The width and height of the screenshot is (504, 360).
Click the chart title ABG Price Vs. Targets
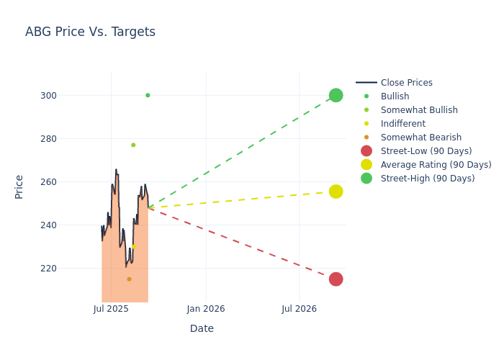pyautogui.click(x=90, y=32)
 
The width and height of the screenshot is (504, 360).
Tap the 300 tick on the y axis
pyautogui.click(x=68, y=95)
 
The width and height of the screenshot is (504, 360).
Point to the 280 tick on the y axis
pyautogui.click(x=68, y=138)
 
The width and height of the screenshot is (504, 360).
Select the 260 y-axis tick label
pyautogui.click(x=68, y=181)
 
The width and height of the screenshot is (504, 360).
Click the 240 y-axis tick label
pyautogui.click(x=68, y=225)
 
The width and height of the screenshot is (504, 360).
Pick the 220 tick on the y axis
pyautogui.click(x=68, y=268)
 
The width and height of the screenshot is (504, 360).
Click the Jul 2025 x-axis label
pyautogui.click(x=111, y=309)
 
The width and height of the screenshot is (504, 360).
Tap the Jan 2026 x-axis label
pyautogui.click(x=206, y=309)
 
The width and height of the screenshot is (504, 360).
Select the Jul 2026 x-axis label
pyautogui.click(x=299, y=309)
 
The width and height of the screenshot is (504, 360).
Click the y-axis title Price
pyautogui.click(x=19, y=186)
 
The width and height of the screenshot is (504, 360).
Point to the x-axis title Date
pyautogui.click(x=202, y=328)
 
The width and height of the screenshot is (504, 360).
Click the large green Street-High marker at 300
pyautogui.click(x=336, y=95)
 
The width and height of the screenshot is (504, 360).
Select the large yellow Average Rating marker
pyautogui.click(x=336, y=192)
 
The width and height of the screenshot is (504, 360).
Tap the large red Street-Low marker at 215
pyautogui.click(x=336, y=279)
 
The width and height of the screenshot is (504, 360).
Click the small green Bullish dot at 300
pyautogui.click(x=148, y=95)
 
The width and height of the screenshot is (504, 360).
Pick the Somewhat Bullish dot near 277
pyautogui.click(x=133, y=145)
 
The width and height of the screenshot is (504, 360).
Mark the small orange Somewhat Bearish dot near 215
pyautogui.click(x=129, y=279)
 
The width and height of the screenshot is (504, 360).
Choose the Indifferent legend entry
pyautogui.click(x=402, y=124)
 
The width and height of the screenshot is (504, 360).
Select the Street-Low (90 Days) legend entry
pyautogui.click(x=426, y=151)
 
